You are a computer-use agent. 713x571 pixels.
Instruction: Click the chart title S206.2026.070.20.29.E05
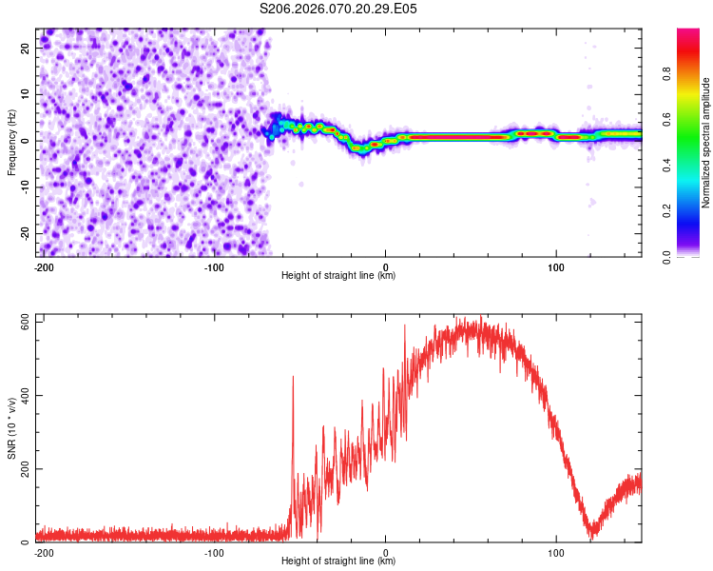(338, 9)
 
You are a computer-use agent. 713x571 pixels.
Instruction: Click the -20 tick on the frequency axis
(24, 233)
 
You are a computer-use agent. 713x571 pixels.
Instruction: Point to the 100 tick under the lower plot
(556, 552)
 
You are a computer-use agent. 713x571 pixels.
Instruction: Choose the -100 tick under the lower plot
(214, 552)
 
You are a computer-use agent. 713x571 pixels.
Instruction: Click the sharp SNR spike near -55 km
(293, 378)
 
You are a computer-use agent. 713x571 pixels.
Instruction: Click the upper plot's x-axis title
(338, 276)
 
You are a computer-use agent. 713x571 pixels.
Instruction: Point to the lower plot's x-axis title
(338, 561)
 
